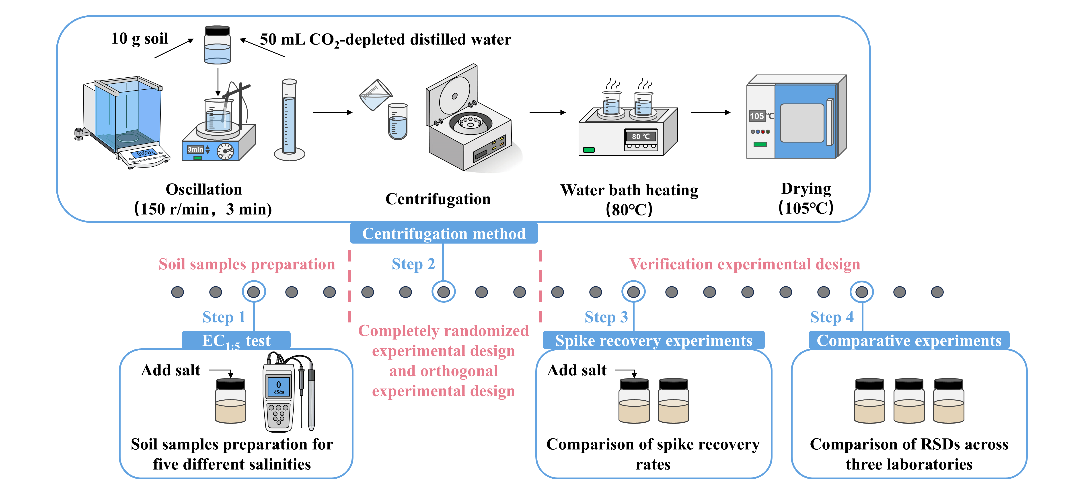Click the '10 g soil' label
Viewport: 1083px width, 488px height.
(140, 39)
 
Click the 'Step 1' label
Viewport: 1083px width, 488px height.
(224, 317)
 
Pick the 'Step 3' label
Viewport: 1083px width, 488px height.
(606, 317)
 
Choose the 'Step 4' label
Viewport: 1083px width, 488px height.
(832, 317)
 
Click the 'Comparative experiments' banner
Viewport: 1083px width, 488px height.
(909, 340)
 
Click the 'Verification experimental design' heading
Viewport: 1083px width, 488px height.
(745, 264)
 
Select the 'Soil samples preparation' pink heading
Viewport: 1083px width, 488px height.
(247, 264)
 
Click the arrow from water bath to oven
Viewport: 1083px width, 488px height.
(711, 112)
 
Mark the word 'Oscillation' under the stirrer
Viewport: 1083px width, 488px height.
(204, 189)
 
